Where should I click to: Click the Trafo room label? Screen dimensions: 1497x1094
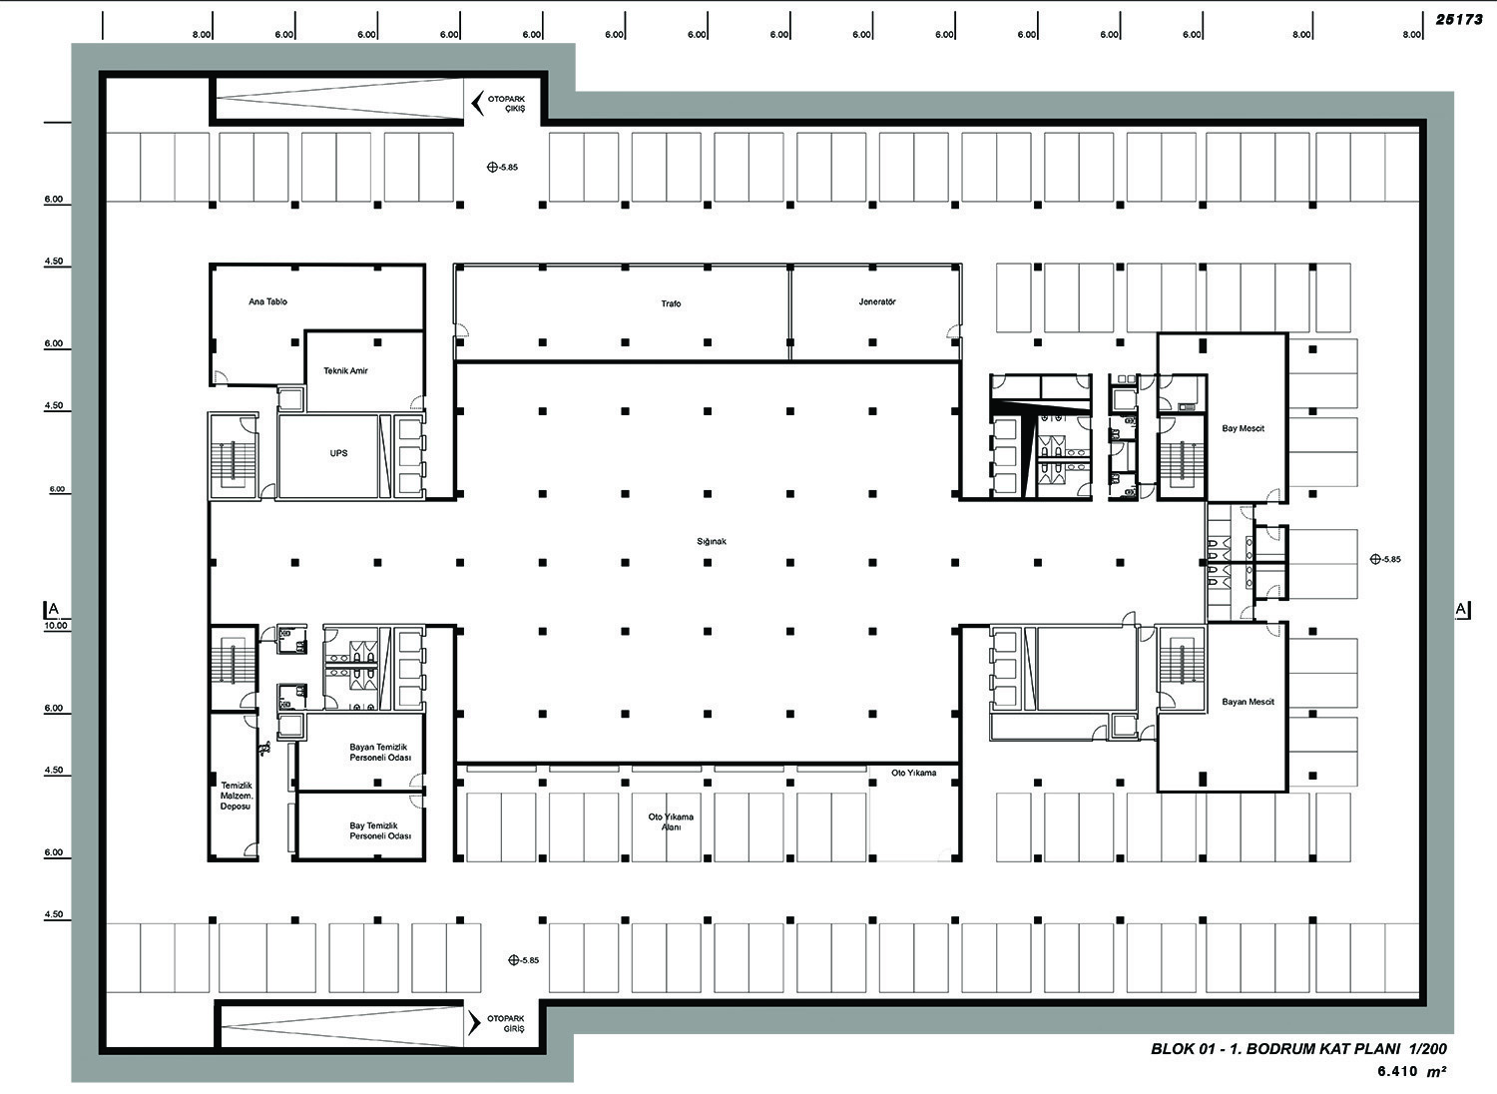tap(671, 303)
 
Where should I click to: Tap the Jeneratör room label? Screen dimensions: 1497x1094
tap(877, 302)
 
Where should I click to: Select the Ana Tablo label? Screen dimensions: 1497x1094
tap(268, 301)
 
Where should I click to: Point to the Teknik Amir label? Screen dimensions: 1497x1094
tap(345, 370)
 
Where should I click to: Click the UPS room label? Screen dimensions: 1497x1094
tap(339, 453)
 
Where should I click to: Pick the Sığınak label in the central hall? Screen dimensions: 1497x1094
tap(711, 541)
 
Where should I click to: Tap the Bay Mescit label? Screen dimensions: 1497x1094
tap(1244, 428)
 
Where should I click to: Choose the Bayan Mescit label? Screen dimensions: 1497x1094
tap(1247, 702)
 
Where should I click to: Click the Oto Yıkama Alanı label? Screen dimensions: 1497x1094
tap(671, 821)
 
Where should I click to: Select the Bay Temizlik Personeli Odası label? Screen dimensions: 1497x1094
tap(380, 830)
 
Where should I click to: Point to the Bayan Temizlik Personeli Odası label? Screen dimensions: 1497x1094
tap(380, 752)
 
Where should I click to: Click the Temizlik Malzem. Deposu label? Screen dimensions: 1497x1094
tap(236, 796)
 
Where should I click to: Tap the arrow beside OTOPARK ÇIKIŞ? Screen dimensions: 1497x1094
tap(477, 104)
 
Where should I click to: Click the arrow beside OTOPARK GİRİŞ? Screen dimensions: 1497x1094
tap(474, 1023)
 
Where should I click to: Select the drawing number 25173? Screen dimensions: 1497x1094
tap(1459, 19)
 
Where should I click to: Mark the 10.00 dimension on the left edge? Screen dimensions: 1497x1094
tap(56, 626)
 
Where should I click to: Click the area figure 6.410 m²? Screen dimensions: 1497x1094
tap(1411, 1071)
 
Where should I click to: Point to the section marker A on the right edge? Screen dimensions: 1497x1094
tap(1462, 609)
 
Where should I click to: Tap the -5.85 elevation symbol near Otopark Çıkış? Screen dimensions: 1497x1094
tap(492, 167)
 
